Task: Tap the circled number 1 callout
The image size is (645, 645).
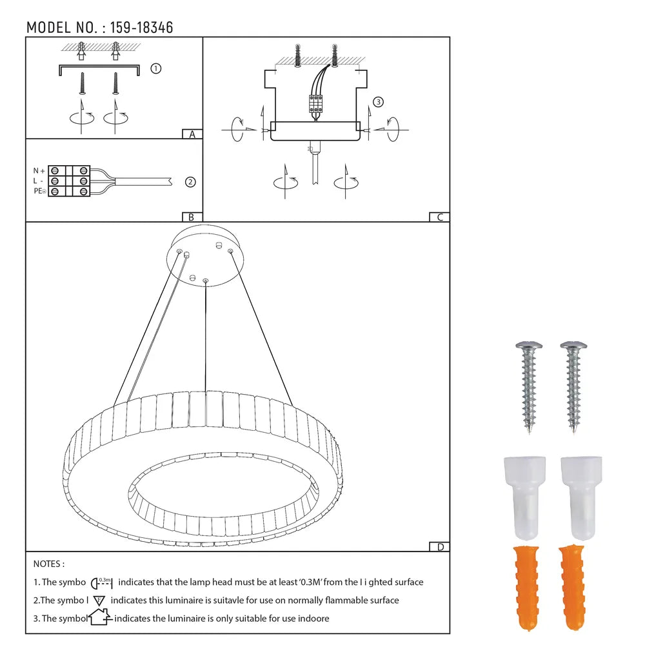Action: click(155, 68)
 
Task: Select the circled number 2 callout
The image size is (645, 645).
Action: click(190, 182)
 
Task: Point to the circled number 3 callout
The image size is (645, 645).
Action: click(379, 102)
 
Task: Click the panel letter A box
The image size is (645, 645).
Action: click(192, 134)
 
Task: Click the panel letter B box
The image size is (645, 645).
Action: click(192, 217)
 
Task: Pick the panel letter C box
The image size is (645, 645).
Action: click(439, 217)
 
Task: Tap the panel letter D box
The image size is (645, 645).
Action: click(439, 547)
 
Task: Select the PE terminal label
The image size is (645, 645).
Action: click(39, 192)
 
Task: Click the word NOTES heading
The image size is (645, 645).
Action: click(49, 564)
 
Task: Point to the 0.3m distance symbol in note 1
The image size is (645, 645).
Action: click(103, 582)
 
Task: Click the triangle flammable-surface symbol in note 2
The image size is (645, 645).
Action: click(99, 600)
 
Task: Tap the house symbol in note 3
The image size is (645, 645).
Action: click(100, 618)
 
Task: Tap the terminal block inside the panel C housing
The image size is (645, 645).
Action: click(317, 104)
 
